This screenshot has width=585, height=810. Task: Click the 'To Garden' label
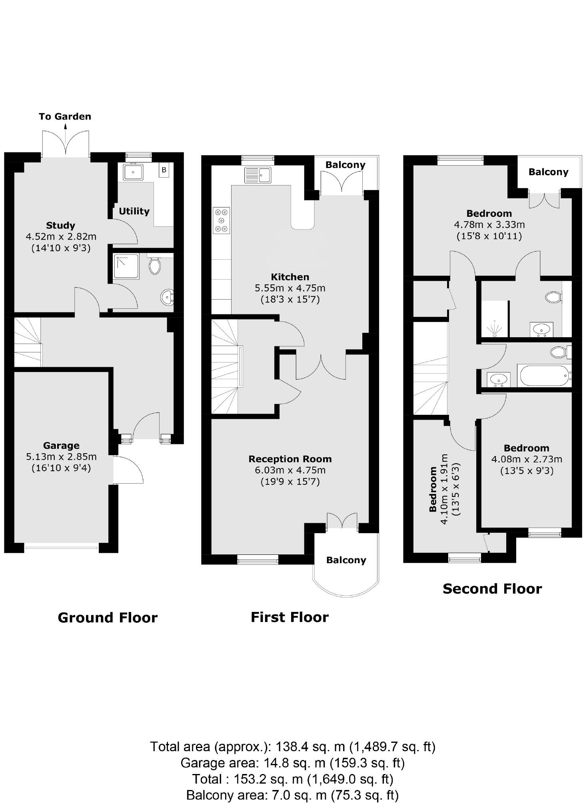point(65,116)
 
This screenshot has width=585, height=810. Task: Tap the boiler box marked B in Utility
point(164,170)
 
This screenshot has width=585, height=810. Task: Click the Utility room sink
point(134,172)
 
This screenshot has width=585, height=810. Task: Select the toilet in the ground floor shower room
point(154,265)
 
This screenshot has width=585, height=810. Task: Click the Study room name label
point(61,225)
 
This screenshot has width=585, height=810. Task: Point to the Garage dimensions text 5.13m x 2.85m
point(61,456)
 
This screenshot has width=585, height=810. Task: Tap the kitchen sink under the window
point(258,175)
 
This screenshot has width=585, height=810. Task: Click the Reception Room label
point(290,459)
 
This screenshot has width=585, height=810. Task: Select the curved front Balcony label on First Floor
point(346,560)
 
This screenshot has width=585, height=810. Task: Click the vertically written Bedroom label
point(433,489)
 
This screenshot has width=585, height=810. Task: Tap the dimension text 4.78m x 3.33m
point(489,224)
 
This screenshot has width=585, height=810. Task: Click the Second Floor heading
point(492,588)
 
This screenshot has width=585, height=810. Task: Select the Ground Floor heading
point(108,617)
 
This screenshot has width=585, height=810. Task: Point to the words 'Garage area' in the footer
point(218,763)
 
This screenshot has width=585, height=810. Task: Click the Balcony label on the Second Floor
point(548,172)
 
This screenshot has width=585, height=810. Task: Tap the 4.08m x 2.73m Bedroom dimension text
point(527,459)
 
